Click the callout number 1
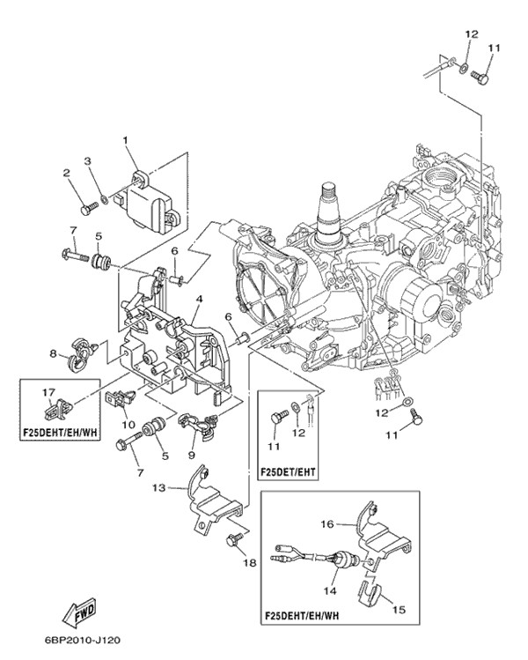click(126, 140)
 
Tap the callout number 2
click(67, 174)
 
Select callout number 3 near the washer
click(88, 160)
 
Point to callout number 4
click(201, 300)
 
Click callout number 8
click(53, 354)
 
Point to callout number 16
click(326, 524)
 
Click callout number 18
click(251, 562)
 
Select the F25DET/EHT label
click(290, 471)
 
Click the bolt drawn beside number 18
click(234, 540)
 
